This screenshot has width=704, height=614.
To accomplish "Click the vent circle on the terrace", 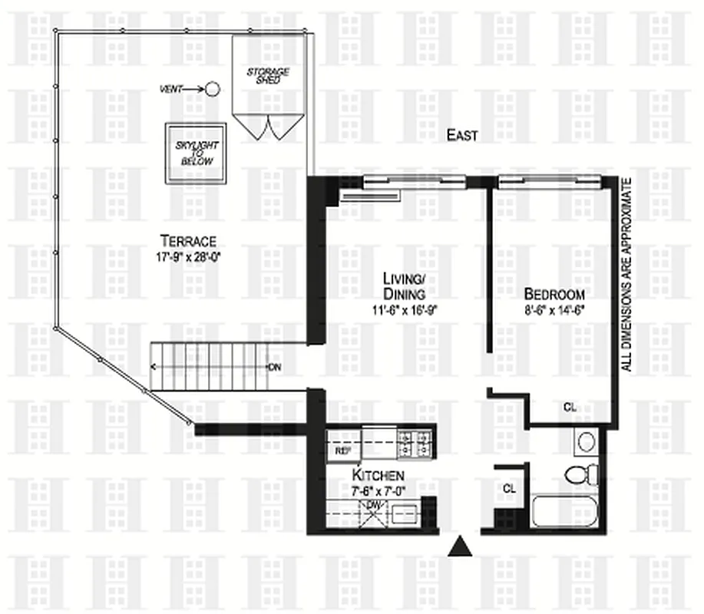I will [x=213, y=90].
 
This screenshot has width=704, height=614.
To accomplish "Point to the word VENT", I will [x=171, y=90].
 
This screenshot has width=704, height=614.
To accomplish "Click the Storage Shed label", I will [x=268, y=78].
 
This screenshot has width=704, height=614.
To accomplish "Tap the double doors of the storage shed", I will [x=268, y=126].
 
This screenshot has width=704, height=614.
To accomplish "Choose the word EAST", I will [x=463, y=136].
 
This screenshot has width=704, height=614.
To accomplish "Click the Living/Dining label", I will [x=405, y=286].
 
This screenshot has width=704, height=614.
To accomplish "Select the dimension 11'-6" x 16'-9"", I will [x=405, y=312].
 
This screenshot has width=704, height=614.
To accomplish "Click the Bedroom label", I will [x=554, y=295].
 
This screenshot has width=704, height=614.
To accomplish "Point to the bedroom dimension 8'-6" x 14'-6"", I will [x=554, y=312].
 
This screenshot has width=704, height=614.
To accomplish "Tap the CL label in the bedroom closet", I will [x=570, y=407].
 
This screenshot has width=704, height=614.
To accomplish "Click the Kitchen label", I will [x=373, y=477].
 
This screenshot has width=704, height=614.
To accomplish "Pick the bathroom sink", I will [x=587, y=443].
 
